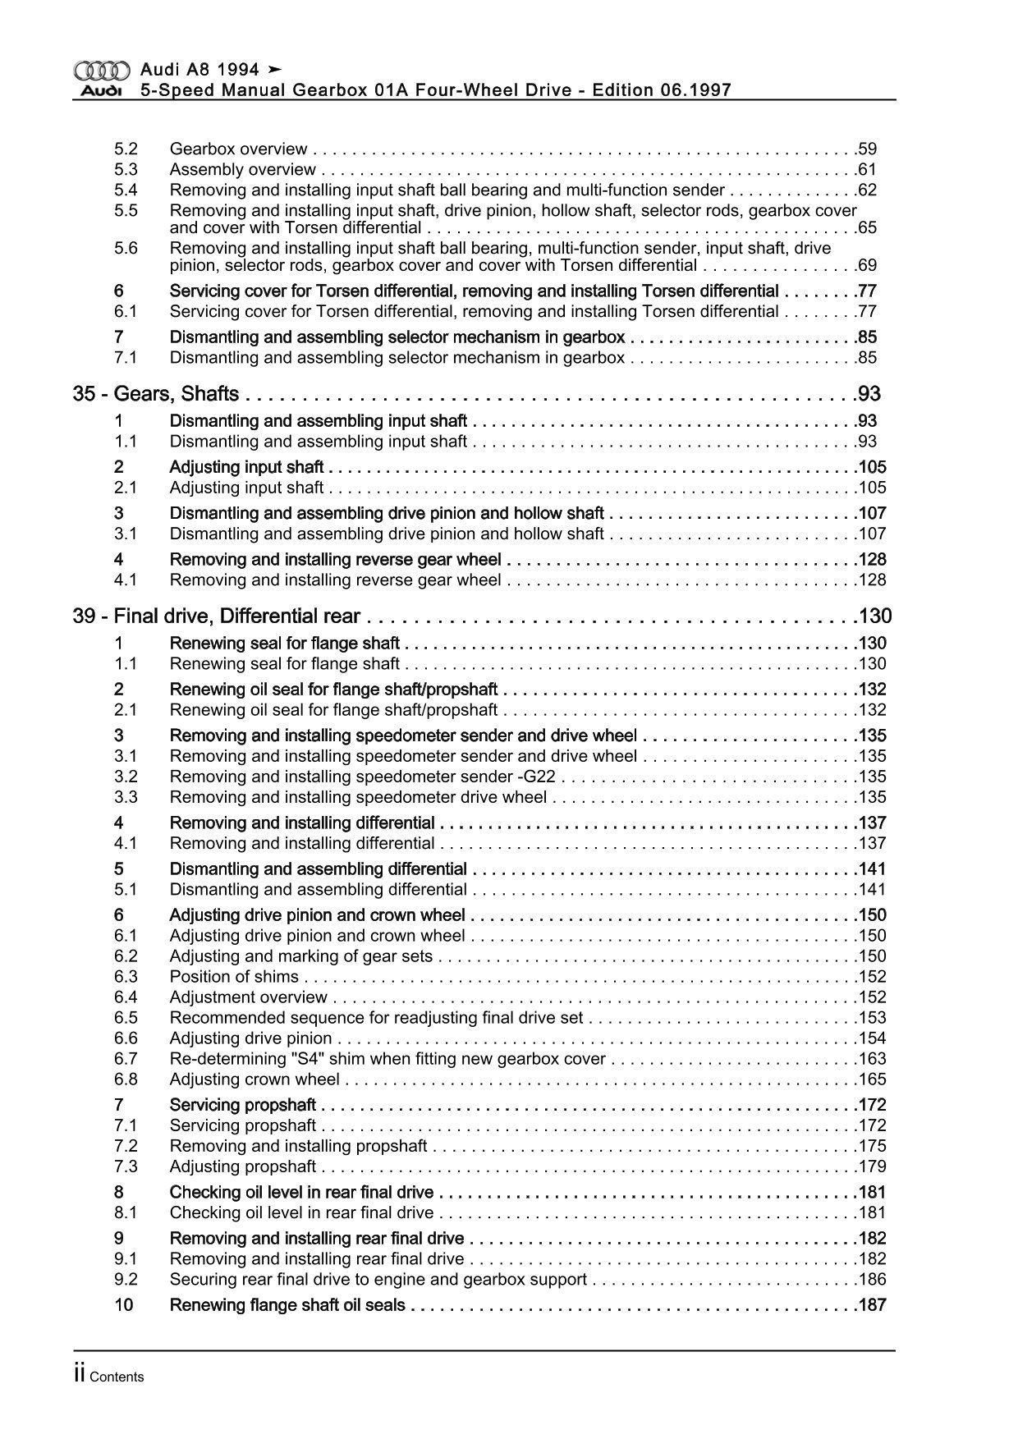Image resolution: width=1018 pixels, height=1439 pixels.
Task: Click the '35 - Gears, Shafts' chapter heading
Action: pyautogui.click(x=156, y=394)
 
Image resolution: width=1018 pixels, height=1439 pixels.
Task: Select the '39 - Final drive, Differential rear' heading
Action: pyautogui.click(x=217, y=616)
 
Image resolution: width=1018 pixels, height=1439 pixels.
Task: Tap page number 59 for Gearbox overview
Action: pyautogui.click(x=866, y=149)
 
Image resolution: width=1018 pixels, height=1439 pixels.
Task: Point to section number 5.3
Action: pyautogui.click(x=126, y=170)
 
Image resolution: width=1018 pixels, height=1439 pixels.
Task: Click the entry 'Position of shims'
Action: pyautogui.click(x=234, y=977)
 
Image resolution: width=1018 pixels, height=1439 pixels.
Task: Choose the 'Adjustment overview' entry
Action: pyautogui.click(x=248, y=997)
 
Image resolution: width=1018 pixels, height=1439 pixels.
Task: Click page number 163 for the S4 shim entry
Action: pyautogui.click(x=871, y=1059)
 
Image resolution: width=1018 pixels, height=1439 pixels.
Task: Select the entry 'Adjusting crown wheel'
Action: pyautogui.click(x=254, y=1079)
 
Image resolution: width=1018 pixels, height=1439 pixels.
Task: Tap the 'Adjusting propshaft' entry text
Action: pyautogui.click(x=242, y=1166)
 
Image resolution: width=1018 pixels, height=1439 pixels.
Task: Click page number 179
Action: pyautogui.click(x=871, y=1166)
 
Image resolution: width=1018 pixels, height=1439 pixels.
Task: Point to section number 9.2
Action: pyautogui.click(x=126, y=1279)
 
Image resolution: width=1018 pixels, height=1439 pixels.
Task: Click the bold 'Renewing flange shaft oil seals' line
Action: pyautogui.click(x=287, y=1305)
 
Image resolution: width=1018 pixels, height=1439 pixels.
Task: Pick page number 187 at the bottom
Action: pyautogui.click(x=871, y=1305)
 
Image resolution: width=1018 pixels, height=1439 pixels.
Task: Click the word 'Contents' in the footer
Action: pyautogui.click(x=117, y=1377)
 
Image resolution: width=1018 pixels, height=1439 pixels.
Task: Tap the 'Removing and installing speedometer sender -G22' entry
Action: pyautogui.click(x=364, y=777)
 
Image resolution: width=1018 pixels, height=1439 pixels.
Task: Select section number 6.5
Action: pyautogui.click(x=126, y=1018)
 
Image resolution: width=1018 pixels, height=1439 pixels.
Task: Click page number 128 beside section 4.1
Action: pyautogui.click(x=871, y=580)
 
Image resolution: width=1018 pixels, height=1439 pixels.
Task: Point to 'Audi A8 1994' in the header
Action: pyautogui.click(x=199, y=70)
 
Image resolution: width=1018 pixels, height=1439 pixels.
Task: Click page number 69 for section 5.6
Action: pyautogui.click(x=866, y=265)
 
